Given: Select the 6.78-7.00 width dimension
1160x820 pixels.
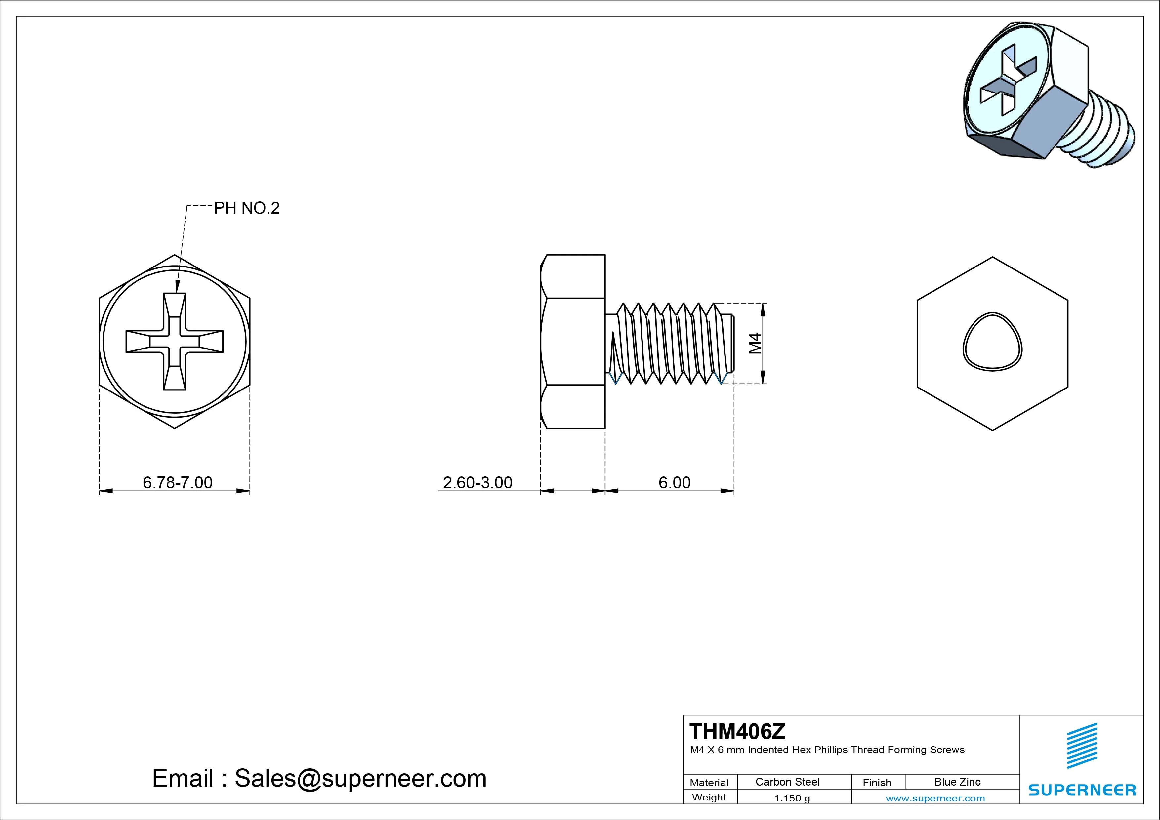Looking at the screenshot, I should (x=177, y=482).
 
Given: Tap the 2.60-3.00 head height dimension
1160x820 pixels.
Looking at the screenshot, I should (x=477, y=482).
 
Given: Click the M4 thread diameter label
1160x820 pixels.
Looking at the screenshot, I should (x=755, y=343).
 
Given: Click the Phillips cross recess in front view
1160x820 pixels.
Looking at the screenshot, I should (x=174, y=342).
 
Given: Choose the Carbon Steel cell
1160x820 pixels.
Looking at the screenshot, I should (x=787, y=782).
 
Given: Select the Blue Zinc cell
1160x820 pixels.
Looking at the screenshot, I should (x=957, y=782).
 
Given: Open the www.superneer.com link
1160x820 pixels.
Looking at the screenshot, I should (x=935, y=798).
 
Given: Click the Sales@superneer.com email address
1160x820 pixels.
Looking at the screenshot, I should (x=360, y=778).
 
